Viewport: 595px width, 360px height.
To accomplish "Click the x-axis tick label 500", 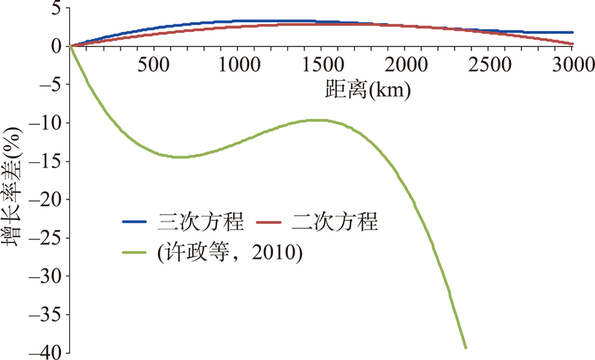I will (154, 65).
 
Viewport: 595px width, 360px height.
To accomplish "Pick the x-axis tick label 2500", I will (489, 65).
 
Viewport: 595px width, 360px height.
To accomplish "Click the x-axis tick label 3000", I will (572, 65).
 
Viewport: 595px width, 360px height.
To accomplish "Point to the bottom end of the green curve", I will (466, 347).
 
